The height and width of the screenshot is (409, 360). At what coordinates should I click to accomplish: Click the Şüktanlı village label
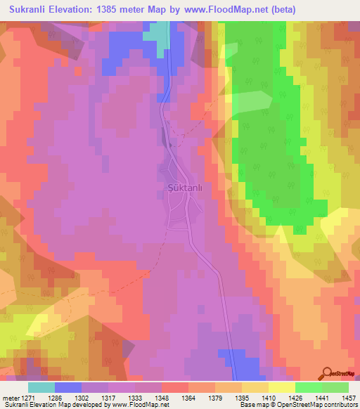pyautogui.click(x=185, y=188)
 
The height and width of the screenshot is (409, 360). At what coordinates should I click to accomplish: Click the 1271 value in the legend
pyautogui.click(x=26, y=398)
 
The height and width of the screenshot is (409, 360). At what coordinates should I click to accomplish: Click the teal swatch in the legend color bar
pyautogui.click(x=41, y=387)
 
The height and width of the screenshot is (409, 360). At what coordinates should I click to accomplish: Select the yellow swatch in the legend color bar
pyautogui.click(x=281, y=387)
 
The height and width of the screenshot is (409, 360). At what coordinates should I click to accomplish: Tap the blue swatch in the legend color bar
pyautogui.click(x=68, y=387)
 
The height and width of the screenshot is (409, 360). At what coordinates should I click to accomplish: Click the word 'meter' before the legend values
pyautogui.click(x=9, y=398)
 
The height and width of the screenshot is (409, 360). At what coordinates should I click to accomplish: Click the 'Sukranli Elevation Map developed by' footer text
pyautogui.click(x=49, y=405)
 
